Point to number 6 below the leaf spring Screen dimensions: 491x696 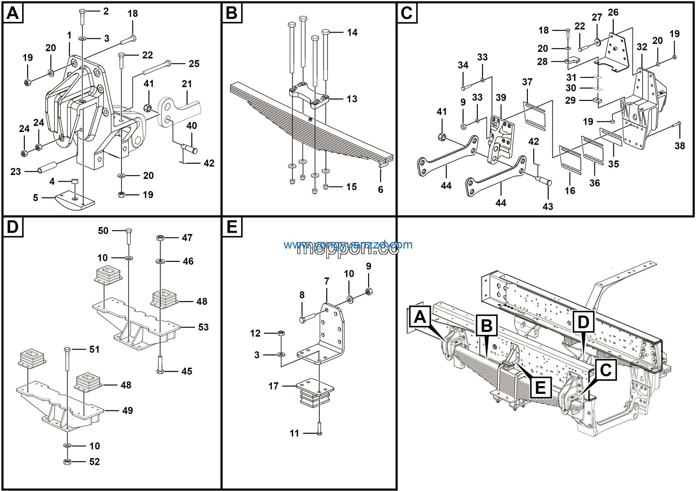(380, 190)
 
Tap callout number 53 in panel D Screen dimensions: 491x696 (203, 327)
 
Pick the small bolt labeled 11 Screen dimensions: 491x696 (319, 429)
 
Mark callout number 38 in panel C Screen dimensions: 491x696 (680, 146)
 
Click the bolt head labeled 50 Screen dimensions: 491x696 (129, 231)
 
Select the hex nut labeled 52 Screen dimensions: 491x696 (67, 462)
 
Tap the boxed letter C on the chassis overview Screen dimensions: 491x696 (606, 370)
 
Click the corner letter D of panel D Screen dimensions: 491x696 (13, 227)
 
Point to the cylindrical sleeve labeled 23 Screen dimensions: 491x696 (48, 167)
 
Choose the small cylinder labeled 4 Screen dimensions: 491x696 (74, 182)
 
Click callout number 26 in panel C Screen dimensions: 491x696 (613, 12)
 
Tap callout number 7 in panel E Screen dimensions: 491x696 (327, 281)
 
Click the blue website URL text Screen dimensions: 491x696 (348, 245)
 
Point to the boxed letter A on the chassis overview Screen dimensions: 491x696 (420, 317)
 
